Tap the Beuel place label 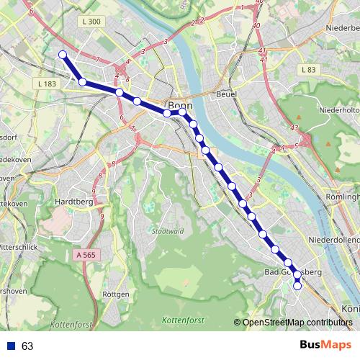pyautogui.click(x=227, y=94)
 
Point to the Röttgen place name pyautogui.click(x=116, y=294)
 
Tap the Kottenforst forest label pyautogui.click(x=184, y=319)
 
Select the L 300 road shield pyautogui.click(x=91, y=22)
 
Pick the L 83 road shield pyautogui.click(x=309, y=69)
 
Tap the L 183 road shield pyautogui.click(x=45, y=84)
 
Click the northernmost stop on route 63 pyautogui.click(x=63, y=55)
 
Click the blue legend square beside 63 pyautogui.click(x=11, y=346)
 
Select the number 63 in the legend pyautogui.click(x=27, y=346)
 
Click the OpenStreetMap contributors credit pyautogui.click(x=297, y=322)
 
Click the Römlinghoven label pyautogui.click(x=341, y=197)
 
